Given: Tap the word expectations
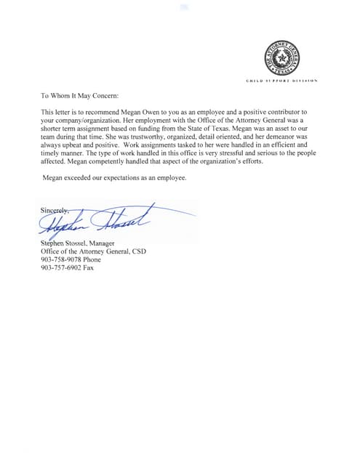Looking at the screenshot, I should [127, 177].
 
